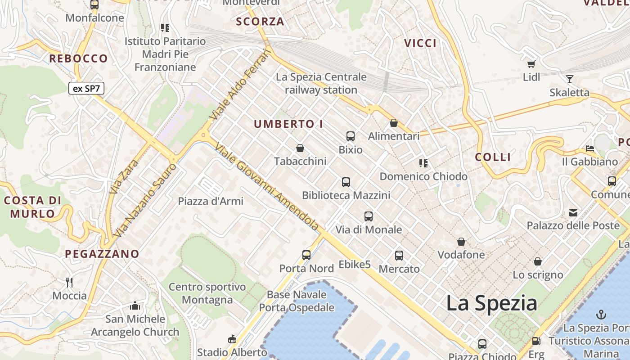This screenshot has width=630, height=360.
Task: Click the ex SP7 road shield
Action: click(x=86, y=88)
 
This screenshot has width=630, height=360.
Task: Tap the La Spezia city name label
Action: click(x=491, y=303)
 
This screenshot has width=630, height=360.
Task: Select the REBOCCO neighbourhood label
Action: click(x=78, y=58)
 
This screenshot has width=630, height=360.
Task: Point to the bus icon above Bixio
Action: click(x=351, y=136)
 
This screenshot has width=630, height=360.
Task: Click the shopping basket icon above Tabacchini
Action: click(x=300, y=148)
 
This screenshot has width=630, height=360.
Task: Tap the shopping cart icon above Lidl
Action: click(x=531, y=64)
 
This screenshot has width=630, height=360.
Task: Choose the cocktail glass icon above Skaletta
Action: click(x=569, y=79)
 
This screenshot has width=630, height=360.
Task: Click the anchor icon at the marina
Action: click(x=601, y=314)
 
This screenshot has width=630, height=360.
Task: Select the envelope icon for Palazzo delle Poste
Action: click(x=573, y=212)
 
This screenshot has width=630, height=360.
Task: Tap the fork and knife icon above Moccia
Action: click(x=69, y=283)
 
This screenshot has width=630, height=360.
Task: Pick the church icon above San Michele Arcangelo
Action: click(x=135, y=306)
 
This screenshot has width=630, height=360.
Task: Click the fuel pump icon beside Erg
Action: click(x=536, y=342)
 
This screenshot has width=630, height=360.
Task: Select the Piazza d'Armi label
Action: click(x=211, y=201)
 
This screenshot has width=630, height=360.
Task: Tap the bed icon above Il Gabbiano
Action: click(x=590, y=148)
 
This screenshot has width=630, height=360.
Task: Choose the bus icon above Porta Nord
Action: click(x=306, y=255)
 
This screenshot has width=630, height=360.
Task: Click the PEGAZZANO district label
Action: click(x=102, y=254)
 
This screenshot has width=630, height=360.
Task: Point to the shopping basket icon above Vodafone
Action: click(x=461, y=242)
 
